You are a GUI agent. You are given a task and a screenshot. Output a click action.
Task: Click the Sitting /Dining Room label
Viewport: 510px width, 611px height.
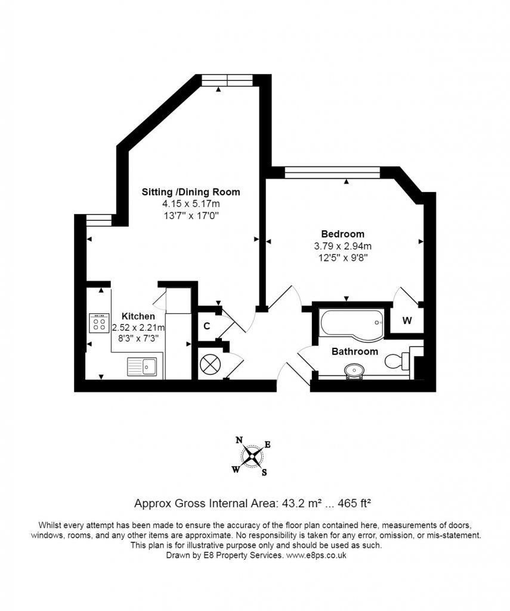coord(190,192)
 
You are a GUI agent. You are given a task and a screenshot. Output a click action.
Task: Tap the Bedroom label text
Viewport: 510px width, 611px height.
coord(343,234)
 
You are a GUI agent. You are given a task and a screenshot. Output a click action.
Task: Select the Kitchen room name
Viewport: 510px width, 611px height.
coord(138,316)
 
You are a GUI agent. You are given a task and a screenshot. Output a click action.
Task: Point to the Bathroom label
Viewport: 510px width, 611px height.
coord(354,351)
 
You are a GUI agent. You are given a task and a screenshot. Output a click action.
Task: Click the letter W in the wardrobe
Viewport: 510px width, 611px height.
coord(407,320)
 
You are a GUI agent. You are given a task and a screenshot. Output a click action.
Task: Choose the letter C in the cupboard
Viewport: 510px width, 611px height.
coord(206,326)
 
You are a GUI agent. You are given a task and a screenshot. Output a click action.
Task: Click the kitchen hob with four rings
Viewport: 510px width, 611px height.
coord(99,323)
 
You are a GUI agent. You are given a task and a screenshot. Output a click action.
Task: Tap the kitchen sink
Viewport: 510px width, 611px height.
coord(142,367)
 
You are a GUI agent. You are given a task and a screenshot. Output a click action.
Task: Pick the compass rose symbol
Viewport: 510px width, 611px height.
coord(252,456)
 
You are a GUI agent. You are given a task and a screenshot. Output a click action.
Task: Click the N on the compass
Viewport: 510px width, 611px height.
coord(239,440)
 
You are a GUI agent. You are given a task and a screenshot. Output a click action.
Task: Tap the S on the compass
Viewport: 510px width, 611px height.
coord(264,473)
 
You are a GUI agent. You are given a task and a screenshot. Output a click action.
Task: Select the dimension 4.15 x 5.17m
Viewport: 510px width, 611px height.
coord(191,203)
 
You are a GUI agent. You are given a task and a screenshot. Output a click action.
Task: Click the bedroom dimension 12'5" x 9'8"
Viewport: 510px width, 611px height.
coord(343,258)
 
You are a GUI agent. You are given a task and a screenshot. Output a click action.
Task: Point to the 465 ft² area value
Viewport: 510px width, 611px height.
coord(354,503)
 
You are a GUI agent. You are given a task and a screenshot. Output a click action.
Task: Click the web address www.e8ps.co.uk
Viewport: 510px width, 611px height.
coord(316,556)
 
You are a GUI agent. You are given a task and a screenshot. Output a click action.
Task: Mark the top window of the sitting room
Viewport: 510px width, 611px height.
coord(227,81)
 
